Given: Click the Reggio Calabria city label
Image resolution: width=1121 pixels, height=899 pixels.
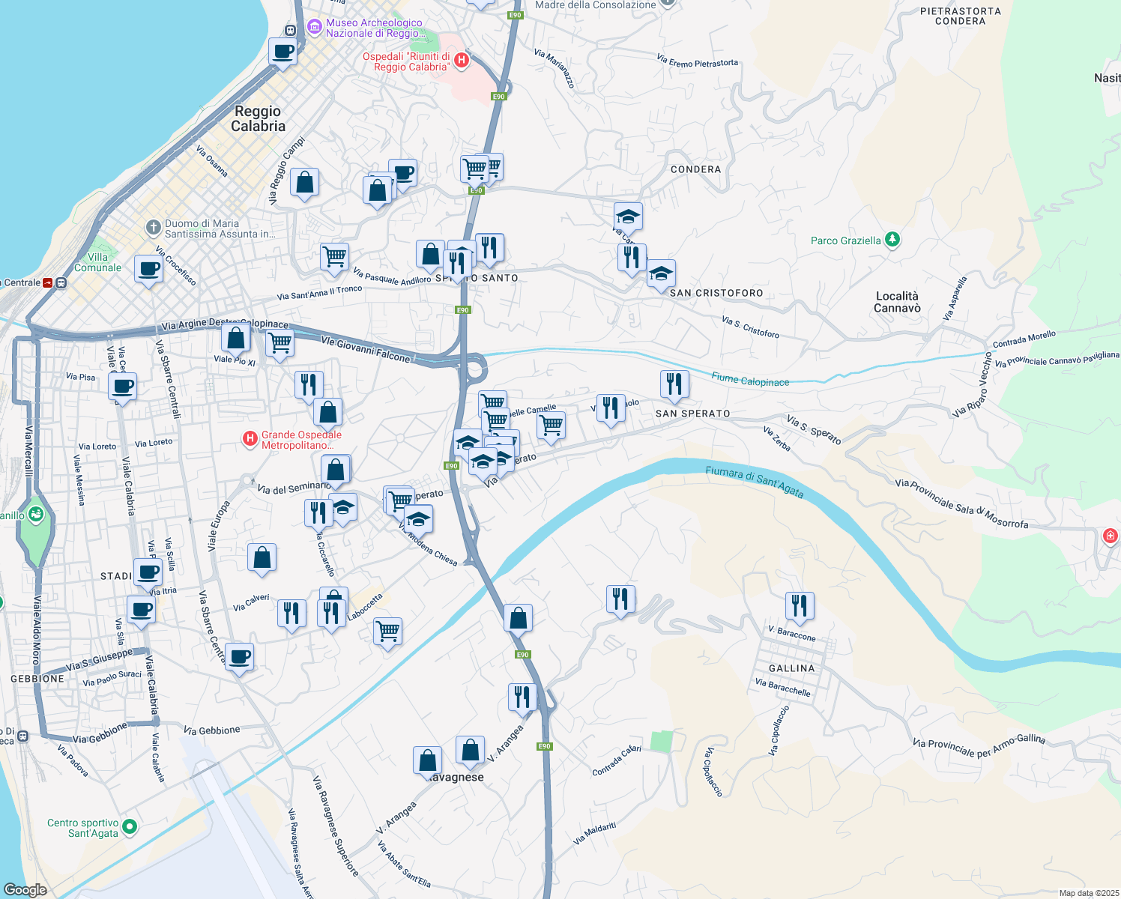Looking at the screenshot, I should click(258, 119).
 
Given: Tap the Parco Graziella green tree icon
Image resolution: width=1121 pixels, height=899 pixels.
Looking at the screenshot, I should click(892, 240).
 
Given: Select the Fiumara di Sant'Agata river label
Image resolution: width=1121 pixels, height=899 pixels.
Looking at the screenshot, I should click(754, 481).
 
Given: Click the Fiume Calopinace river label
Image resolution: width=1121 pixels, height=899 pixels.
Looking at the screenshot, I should click(750, 380).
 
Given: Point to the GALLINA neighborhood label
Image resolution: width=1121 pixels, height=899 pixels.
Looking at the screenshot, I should click(791, 668).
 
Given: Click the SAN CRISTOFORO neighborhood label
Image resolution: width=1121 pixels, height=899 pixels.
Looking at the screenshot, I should click(716, 293).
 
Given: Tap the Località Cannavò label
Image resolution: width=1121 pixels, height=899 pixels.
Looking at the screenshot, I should click(897, 302).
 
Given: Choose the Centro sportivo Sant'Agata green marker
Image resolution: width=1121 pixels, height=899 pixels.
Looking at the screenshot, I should click(130, 827).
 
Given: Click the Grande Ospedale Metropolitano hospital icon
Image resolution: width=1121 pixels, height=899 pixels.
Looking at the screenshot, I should click(250, 440).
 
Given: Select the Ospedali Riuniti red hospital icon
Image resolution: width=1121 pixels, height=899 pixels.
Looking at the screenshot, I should click(462, 61).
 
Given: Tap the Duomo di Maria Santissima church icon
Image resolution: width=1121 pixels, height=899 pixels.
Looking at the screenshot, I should click(153, 226).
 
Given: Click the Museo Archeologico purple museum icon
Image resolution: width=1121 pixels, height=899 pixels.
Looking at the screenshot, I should click(315, 28).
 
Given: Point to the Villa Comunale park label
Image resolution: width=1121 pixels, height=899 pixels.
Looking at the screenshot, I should click(97, 262).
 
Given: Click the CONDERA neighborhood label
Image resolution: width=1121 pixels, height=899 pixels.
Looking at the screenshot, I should click(695, 169).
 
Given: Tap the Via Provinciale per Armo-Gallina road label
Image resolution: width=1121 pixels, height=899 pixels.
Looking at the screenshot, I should click(979, 746).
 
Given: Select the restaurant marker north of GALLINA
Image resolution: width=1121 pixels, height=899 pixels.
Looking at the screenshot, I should click(800, 605).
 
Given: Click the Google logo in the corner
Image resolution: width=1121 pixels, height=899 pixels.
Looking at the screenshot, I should click(25, 889).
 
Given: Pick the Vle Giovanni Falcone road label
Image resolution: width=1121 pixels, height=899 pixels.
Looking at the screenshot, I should click(366, 350).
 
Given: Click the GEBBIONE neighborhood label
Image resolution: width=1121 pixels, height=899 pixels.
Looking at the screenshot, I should click(37, 679).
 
